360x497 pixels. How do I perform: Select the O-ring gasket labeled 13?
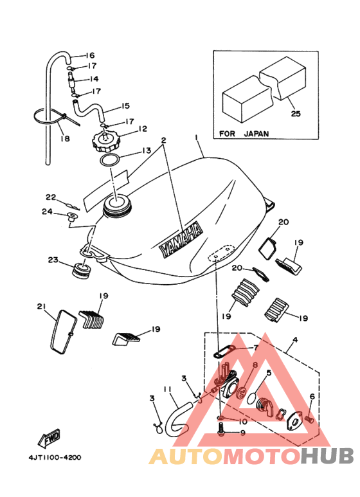110,159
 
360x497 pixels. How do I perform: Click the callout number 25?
295,113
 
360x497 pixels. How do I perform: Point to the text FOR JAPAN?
244,134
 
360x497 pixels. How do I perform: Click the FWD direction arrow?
49,439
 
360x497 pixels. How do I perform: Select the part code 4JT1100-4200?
55,457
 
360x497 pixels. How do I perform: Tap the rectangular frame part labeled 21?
64,332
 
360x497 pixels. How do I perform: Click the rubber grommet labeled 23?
82,271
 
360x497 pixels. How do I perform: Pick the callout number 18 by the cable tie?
65,138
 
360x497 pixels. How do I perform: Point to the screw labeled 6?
310,420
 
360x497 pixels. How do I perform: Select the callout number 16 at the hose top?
90,55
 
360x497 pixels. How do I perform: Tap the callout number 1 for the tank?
197,138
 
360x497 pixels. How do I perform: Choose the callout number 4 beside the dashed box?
295,339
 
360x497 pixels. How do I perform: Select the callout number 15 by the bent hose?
125,105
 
